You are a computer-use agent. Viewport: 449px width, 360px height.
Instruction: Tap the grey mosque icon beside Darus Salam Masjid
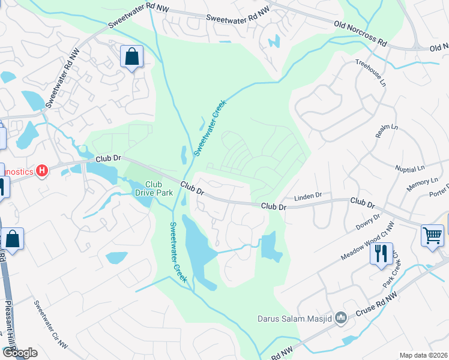click(x=341, y=317)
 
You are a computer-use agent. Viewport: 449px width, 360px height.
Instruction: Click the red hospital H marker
click(x=41, y=172)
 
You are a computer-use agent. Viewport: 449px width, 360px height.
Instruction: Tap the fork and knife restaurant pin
click(x=381, y=253)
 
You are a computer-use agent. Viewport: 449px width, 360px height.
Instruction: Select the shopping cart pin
click(x=432, y=235)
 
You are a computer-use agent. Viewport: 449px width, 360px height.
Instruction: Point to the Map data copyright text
click(x=423, y=355)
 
